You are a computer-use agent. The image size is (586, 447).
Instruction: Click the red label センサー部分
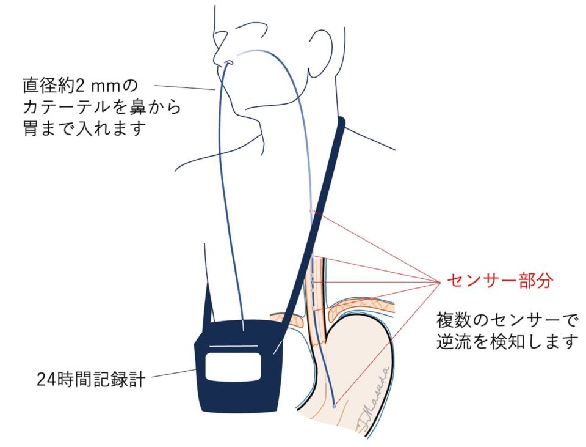[500, 280]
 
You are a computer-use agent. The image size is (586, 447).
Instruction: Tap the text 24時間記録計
[91, 379]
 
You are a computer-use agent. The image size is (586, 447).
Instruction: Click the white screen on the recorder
[233, 366]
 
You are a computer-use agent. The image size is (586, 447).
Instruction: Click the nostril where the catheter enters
[228, 62]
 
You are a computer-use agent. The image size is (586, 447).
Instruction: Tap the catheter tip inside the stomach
[334, 405]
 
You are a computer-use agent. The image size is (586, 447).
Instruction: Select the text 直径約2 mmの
[81, 86]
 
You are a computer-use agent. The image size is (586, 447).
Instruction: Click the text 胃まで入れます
[84, 128]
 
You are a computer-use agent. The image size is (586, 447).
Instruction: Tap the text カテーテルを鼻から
[102, 106]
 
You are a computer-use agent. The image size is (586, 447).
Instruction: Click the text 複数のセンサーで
[507, 320]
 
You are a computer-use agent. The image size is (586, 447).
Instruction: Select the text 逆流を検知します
[507, 342]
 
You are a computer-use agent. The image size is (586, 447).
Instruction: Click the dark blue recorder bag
[239, 366]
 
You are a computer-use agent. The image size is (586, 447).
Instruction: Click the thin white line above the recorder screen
[233, 347]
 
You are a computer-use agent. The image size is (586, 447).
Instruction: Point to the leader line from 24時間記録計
[173, 373]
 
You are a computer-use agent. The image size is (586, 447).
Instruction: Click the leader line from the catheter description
[184, 87]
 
